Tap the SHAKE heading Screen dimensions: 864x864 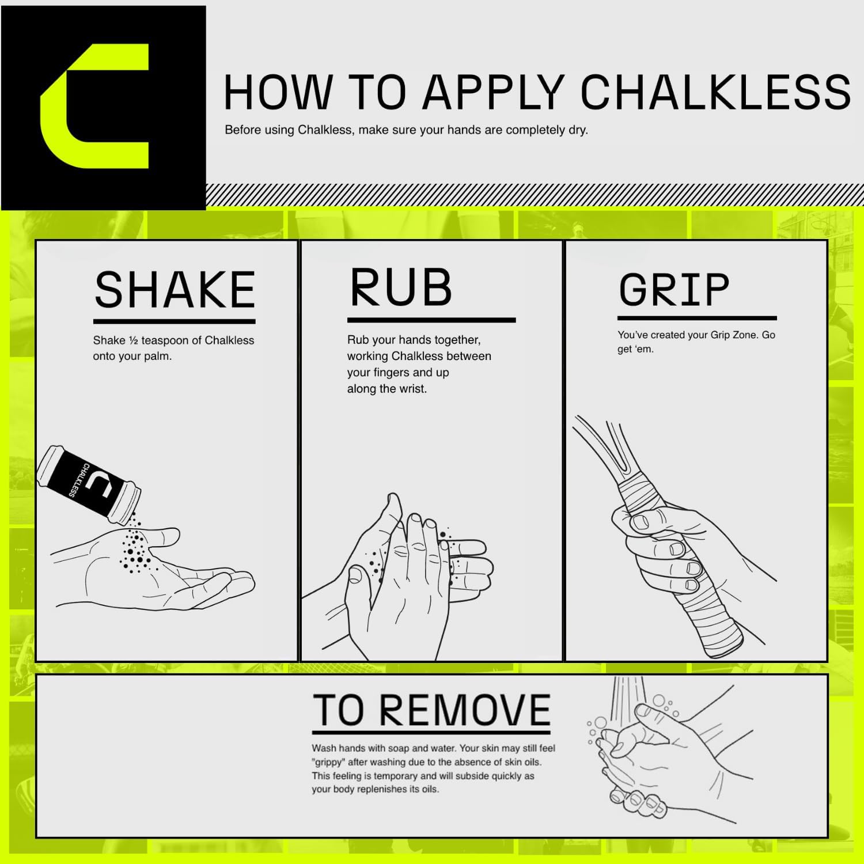click(175, 290)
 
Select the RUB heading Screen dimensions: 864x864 click(401, 287)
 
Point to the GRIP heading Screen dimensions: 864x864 click(674, 290)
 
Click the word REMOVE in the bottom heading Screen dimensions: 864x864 click(465, 710)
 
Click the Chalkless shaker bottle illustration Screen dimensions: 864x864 click(89, 484)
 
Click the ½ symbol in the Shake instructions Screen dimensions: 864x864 click(133, 340)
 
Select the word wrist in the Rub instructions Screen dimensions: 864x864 click(412, 389)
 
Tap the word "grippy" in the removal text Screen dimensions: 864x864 click(328, 763)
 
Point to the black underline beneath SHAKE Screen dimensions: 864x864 click(175, 321)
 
